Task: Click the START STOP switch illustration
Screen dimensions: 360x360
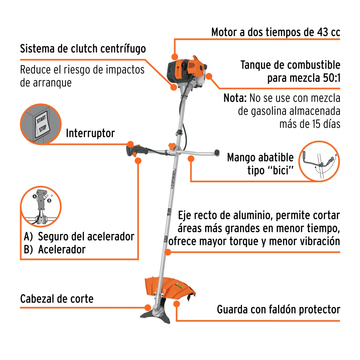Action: (x=41, y=124)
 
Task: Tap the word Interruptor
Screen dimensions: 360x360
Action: (x=90, y=133)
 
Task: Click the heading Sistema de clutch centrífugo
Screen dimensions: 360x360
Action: (x=83, y=49)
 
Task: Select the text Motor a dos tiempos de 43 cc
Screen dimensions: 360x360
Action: (x=275, y=32)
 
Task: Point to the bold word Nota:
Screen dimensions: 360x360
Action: (x=235, y=98)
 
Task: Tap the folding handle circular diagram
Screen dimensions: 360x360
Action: (x=319, y=161)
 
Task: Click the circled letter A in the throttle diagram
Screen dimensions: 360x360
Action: (x=35, y=196)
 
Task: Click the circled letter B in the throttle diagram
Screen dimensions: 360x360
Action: (x=49, y=201)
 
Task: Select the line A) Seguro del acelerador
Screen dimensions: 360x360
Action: (x=79, y=237)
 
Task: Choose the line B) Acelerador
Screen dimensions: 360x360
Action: (x=55, y=249)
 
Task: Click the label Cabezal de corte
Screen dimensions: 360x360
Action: (x=57, y=299)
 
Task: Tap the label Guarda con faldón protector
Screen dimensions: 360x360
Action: (x=279, y=310)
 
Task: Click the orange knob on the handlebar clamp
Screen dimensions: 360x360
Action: (x=172, y=146)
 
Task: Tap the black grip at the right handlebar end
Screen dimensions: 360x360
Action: (x=217, y=152)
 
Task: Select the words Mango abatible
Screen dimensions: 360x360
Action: (x=260, y=158)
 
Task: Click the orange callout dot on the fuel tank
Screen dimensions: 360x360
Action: (x=209, y=76)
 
